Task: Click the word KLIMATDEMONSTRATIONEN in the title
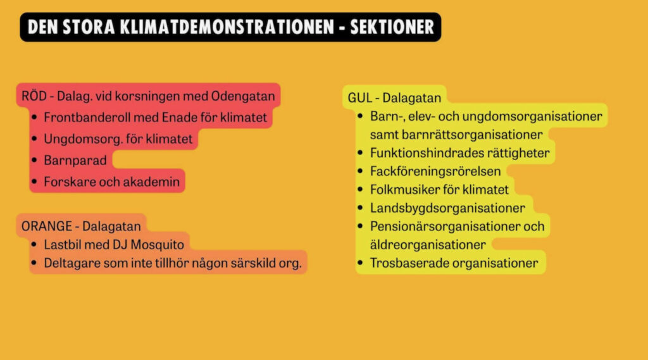227,27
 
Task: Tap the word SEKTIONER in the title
392,27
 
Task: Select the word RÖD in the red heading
34,96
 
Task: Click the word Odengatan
243,96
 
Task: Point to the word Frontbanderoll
87,118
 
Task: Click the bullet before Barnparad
34,160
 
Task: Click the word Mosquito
157,245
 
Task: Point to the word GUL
359,97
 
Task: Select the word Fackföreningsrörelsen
435,171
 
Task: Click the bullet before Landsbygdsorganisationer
360,208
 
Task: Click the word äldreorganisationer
428,245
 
